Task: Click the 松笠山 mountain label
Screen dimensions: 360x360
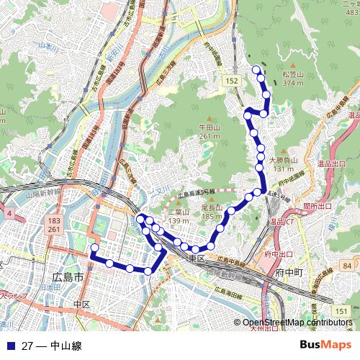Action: tap(292, 74)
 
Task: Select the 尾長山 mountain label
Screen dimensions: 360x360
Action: tap(212, 208)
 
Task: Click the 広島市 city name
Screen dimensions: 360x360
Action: tap(68, 276)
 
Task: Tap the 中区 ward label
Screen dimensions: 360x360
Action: tap(81, 305)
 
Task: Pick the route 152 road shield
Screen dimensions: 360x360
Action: tap(230, 82)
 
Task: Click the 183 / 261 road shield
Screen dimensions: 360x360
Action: tap(55, 224)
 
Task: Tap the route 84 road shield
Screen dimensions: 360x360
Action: tap(348, 266)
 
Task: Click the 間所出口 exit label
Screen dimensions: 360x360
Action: tap(318, 206)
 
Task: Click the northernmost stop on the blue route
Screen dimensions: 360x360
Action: tap(257, 69)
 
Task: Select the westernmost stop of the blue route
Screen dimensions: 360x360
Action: tap(93, 248)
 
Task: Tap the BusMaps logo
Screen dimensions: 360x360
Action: tap(325, 345)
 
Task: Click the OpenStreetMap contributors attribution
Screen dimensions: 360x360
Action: tap(297, 323)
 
